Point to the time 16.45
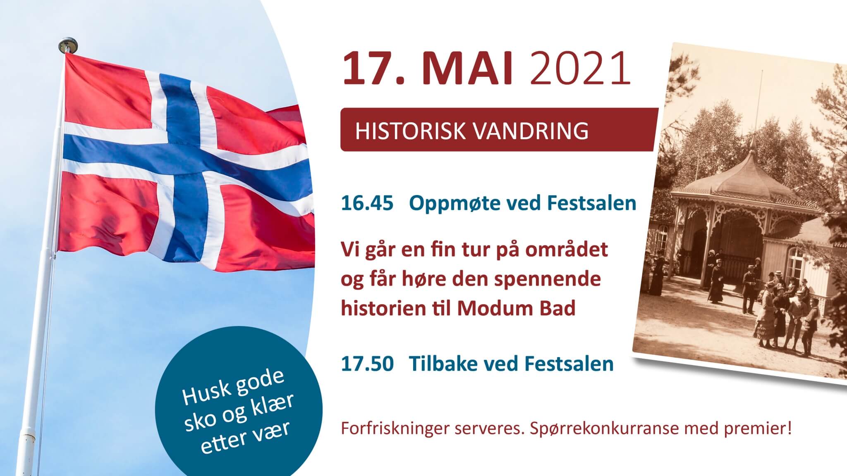(x=367, y=204)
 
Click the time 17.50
(x=367, y=364)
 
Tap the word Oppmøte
(x=449, y=205)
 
